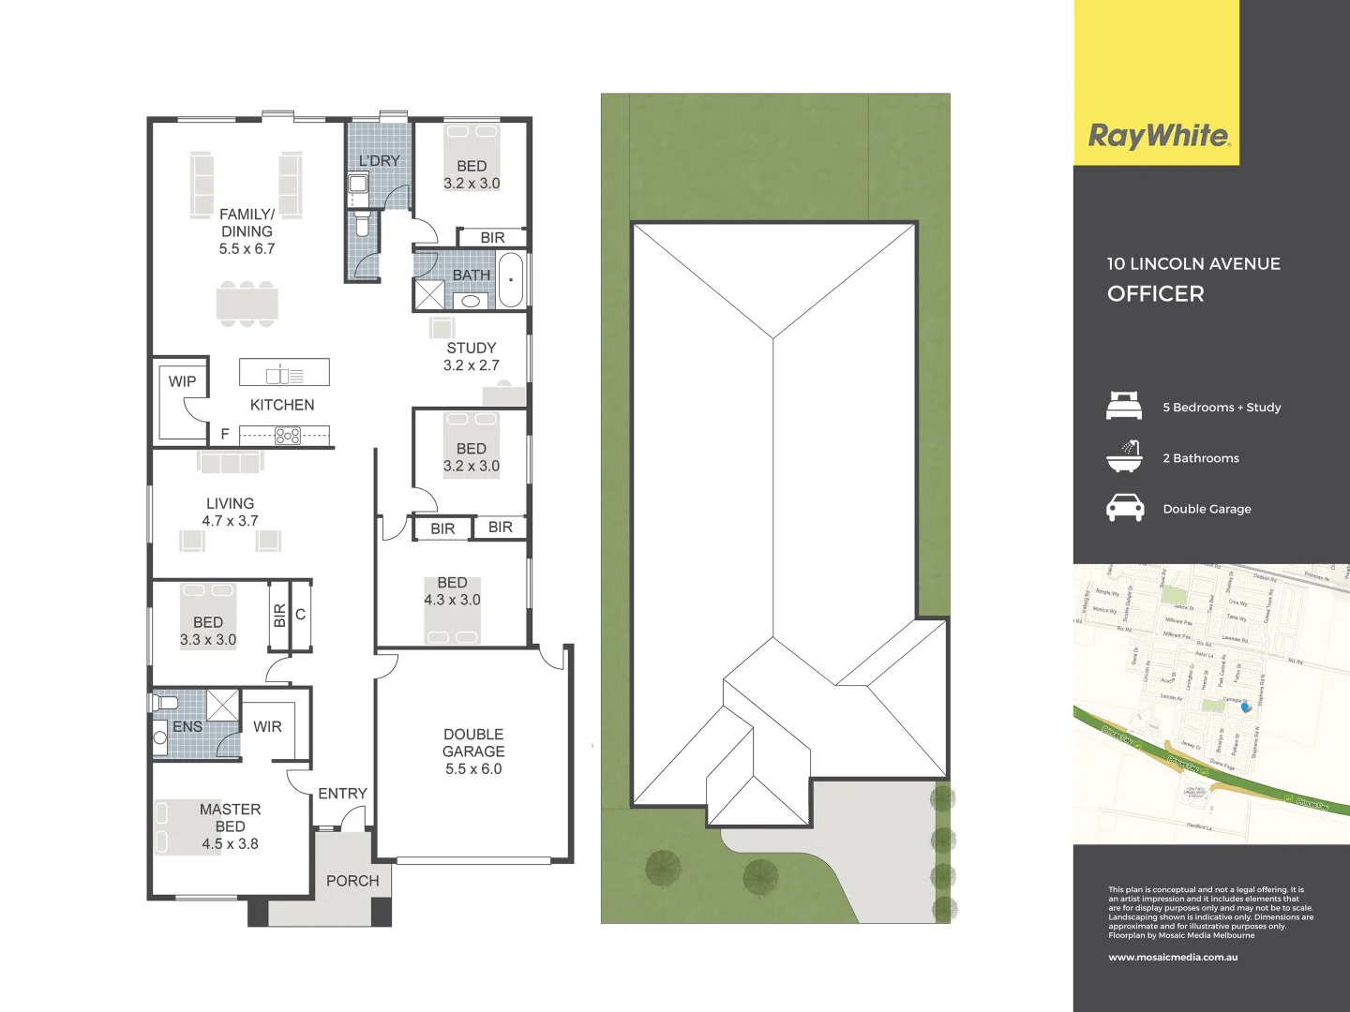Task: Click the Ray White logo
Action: [x=1159, y=136]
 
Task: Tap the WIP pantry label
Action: [x=182, y=381]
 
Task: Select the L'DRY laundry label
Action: [x=379, y=160]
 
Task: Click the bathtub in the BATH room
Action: [x=510, y=279]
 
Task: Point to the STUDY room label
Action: [x=471, y=348]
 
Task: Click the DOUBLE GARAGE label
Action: [x=473, y=743]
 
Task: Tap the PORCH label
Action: [x=352, y=881]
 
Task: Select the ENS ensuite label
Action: [x=187, y=726]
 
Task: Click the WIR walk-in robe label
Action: [x=267, y=726]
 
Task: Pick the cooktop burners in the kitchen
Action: [x=288, y=436]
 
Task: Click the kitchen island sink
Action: [x=277, y=375]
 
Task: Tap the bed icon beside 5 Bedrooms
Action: [x=1124, y=406]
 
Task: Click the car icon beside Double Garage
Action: [x=1125, y=508]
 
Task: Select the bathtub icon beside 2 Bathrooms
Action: [x=1124, y=456]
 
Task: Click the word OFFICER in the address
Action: [x=1155, y=294]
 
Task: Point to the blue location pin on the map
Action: [x=1246, y=707]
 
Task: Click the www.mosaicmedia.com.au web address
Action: [x=1173, y=958]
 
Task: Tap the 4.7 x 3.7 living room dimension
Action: [x=230, y=521]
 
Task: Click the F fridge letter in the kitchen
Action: [x=225, y=434]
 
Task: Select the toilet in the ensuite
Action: [x=166, y=702]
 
